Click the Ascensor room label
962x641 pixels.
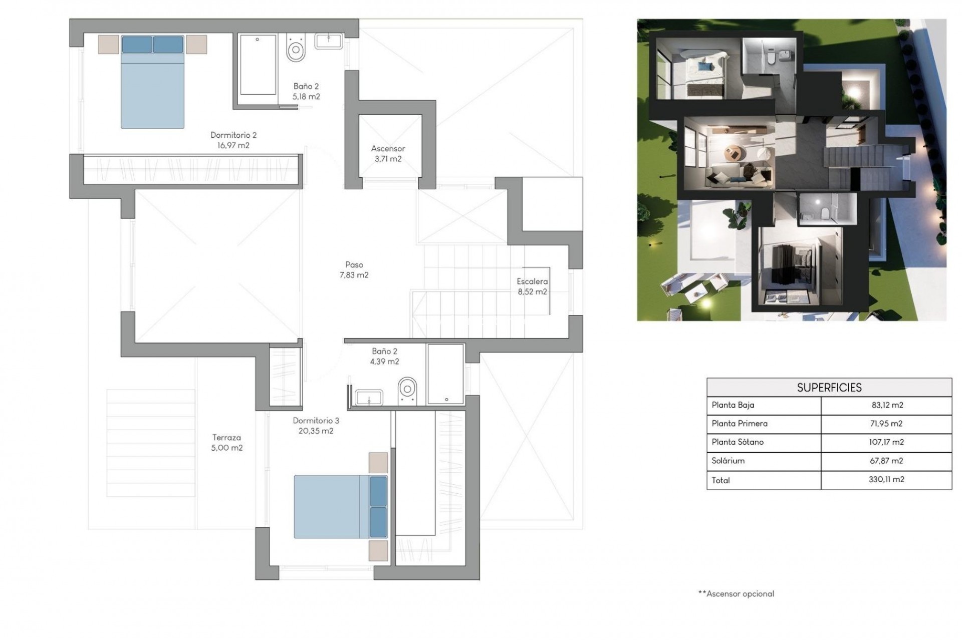pos(388,149)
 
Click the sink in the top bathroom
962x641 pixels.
pos(329,41)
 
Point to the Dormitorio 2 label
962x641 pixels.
pos(233,135)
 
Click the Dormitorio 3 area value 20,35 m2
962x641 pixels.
pos(313,431)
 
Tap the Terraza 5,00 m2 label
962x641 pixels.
pos(226,443)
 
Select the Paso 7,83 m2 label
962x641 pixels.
pos(354,270)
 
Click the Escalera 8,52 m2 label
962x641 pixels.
pos(532,286)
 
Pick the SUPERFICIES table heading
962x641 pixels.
pos(829,388)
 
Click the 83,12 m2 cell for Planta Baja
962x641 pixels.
pos(886,405)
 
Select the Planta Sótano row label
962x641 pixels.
pos(738,442)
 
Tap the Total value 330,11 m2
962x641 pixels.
pos(886,479)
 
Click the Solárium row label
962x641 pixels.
pos(728,461)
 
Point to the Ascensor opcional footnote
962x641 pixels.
pos(737,594)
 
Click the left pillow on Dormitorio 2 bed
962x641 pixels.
pos(137,44)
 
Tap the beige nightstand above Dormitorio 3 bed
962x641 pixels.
pos(378,463)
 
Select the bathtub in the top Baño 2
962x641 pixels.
pos(258,64)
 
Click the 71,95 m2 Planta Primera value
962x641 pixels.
pos(886,424)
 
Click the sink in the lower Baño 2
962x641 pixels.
pos(369,398)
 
